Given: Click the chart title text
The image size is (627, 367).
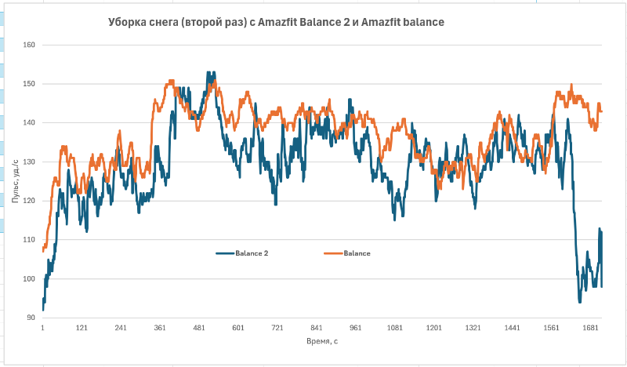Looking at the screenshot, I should coord(276,23).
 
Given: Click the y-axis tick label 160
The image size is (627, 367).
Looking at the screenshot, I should coord(30,45).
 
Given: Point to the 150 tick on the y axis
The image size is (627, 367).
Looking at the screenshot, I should coord(30,84).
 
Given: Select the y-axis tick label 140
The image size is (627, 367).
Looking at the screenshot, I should coord(30,123).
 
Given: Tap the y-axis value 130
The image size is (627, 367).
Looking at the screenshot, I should coord(30,162).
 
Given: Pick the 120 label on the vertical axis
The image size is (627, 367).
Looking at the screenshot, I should coord(30,202).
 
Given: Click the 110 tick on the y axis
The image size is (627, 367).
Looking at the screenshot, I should coord(30,240).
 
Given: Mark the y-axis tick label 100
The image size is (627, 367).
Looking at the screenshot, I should coord(30,279).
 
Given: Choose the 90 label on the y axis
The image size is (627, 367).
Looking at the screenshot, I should coord(31,318).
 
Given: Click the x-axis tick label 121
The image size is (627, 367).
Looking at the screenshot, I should coord(82,329).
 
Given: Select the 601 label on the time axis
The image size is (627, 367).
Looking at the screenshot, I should coord(238,329).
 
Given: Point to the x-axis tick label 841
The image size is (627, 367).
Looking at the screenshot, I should coord(317,329).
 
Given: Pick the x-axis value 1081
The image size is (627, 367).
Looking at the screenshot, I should coord(394,329).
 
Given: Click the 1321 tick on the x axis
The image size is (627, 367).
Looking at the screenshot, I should coord(473,329).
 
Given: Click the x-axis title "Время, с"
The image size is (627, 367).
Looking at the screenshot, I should coord(321,342).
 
